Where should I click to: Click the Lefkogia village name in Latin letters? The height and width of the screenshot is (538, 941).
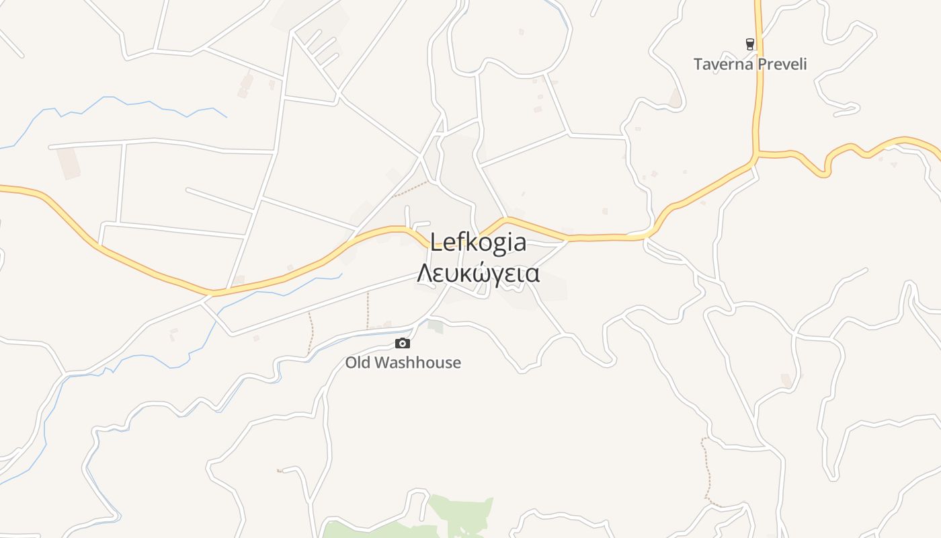coord(478,242)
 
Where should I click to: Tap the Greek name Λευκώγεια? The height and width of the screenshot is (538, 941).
coord(478,274)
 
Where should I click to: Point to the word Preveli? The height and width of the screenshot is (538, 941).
coord(781,65)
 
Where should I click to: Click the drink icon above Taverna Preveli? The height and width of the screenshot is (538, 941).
coord(750,44)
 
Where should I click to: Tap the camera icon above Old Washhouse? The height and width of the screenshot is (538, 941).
coord(403,344)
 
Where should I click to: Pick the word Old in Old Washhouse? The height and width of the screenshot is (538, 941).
coord(357,363)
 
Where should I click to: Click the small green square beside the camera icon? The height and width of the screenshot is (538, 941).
coord(436,327)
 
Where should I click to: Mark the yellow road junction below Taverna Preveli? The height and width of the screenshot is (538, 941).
coord(756,155)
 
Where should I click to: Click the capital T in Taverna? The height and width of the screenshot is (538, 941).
coord(698,65)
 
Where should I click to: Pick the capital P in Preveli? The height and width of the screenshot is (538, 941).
coord(761,65)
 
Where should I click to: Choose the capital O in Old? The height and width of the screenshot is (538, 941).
coord(351,363)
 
